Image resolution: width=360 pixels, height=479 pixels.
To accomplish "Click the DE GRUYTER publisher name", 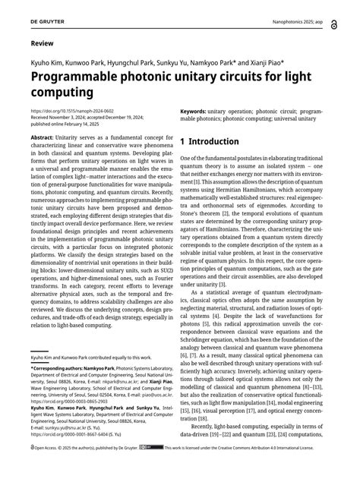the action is click(x=45, y=10).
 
